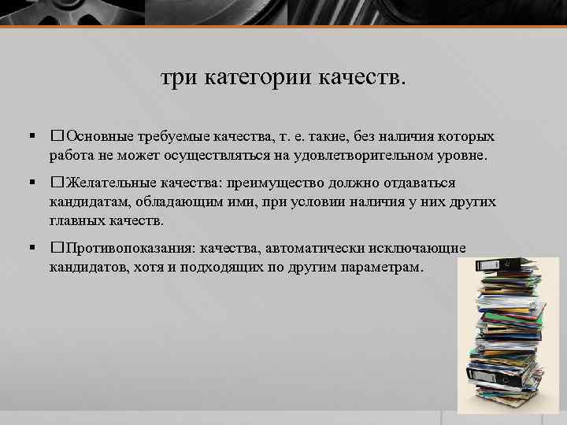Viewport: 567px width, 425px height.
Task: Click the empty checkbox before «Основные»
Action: pyautogui.click(x=56, y=137)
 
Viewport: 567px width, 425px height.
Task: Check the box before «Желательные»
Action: pyautogui.click(x=56, y=183)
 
